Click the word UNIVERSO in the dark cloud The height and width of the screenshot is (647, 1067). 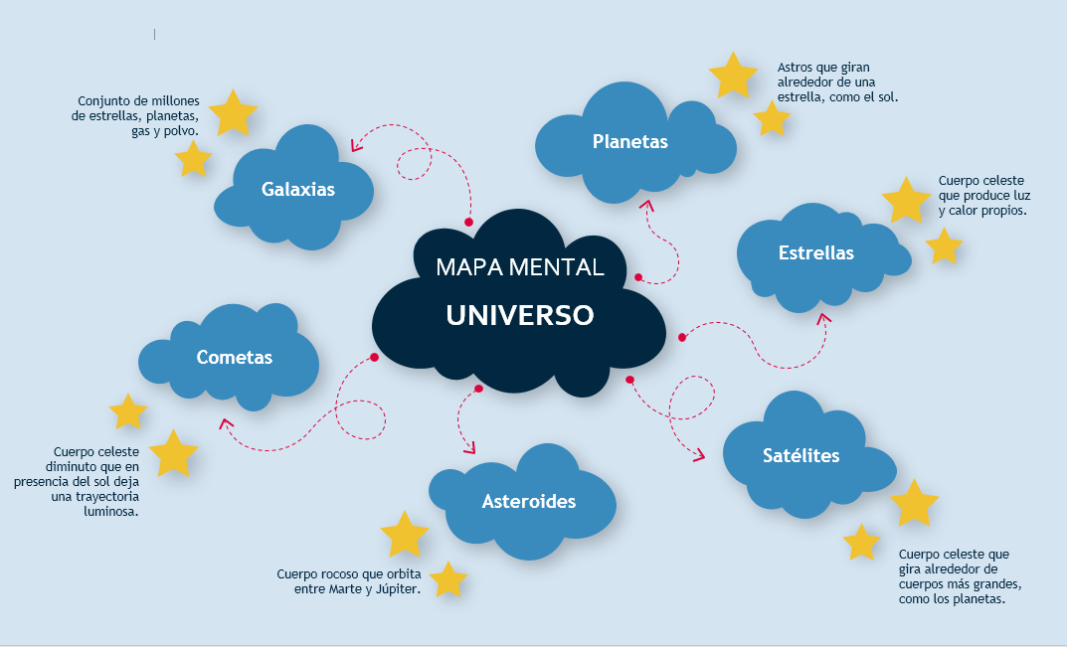pyautogui.click(x=519, y=315)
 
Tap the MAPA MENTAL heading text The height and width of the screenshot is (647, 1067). pyautogui.click(x=519, y=266)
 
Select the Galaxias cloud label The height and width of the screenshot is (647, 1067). pyautogui.click(x=298, y=189)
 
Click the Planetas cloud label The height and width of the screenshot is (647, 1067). pyautogui.click(x=629, y=141)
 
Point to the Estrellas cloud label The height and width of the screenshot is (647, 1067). pyautogui.click(x=815, y=252)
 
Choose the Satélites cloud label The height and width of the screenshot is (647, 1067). pyautogui.click(x=800, y=455)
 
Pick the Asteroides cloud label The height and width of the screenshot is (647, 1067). pyautogui.click(x=528, y=501)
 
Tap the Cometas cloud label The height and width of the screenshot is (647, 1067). pyautogui.click(x=234, y=357)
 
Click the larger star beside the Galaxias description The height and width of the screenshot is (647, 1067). pyautogui.click(x=233, y=113)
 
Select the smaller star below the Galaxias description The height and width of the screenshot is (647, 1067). pyautogui.click(x=193, y=159)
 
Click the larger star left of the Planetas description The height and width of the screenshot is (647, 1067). pyautogui.click(x=733, y=77)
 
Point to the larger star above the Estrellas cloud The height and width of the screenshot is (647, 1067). pyautogui.click(x=905, y=201)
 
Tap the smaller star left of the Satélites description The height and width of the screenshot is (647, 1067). pyautogui.click(x=861, y=543)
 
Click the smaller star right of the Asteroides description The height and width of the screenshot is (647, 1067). pyautogui.click(x=447, y=580)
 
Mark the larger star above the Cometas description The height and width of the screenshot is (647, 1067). pyautogui.click(x=173, y=453)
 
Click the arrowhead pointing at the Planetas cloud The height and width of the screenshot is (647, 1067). pyautogui.click(x=647, y=206)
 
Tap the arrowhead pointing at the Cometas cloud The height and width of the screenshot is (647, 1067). pyautogui.click(x=226, y=424)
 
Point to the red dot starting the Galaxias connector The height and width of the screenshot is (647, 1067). pyautogui.click(x=469, y=222)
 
